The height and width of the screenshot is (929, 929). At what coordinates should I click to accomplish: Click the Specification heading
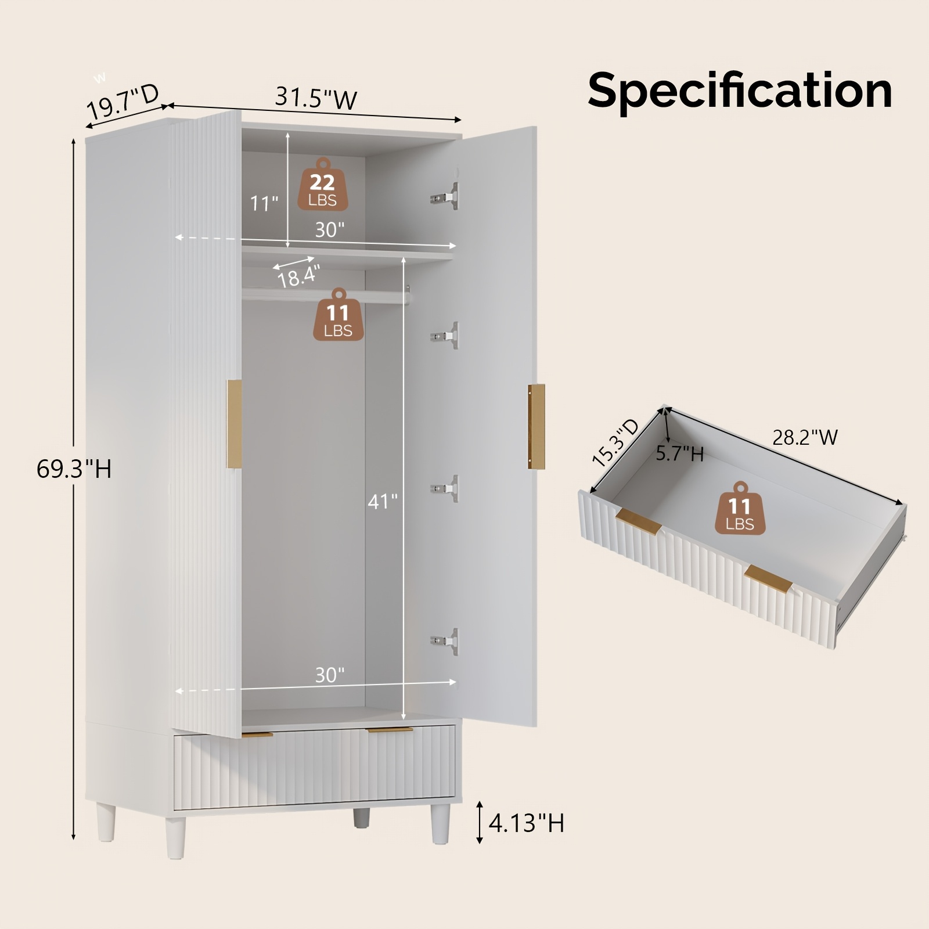740,92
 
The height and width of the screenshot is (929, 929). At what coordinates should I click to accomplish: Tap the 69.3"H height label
74,469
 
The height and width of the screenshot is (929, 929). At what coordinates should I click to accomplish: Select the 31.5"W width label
316,98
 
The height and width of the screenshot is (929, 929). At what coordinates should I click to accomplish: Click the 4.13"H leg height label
526,823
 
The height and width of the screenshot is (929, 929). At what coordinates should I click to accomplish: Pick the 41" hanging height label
382,501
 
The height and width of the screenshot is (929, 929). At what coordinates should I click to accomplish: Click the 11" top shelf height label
264,204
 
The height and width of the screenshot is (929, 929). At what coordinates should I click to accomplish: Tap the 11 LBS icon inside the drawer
740,507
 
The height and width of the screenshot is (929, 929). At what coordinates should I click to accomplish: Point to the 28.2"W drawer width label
805,437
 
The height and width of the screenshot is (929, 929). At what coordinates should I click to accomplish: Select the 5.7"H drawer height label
680,453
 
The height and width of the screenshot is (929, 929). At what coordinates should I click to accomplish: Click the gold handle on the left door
233,424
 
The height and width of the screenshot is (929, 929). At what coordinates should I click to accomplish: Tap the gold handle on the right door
536,427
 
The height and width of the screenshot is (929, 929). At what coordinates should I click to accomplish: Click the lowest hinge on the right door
444,642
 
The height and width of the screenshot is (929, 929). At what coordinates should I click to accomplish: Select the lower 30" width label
330,675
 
